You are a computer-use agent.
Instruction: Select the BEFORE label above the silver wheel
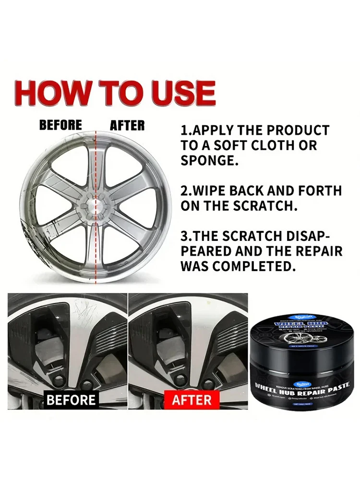(60, 125)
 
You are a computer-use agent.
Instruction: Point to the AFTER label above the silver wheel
(127, 125)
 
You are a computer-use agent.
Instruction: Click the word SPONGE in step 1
(209, 161)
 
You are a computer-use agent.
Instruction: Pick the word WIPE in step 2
(214, 191)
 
